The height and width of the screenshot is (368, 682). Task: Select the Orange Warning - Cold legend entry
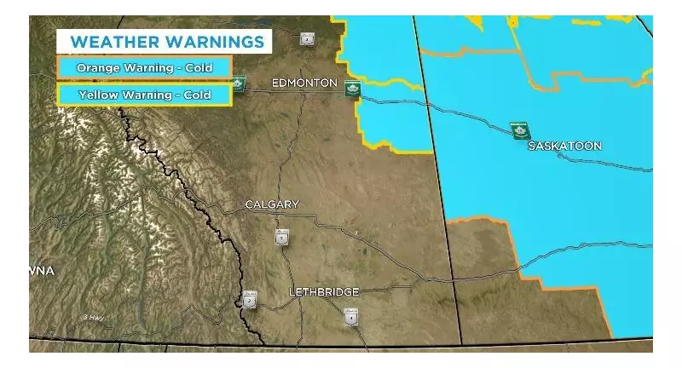(x=144, y=67)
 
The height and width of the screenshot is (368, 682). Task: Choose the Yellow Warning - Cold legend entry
(x=144, y=95)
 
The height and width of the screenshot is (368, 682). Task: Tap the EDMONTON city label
(x=303, y=83)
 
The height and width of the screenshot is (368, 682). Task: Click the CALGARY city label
(x=272, y=204)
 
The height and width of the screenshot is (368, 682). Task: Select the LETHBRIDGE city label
(x=323, y=292)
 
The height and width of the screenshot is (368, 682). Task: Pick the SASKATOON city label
(x=564, y=146)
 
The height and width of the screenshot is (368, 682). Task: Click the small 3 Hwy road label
(x=95, y=317)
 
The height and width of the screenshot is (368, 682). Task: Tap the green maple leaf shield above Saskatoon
(x=517, y=130)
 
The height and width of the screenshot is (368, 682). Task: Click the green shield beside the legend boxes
(x=240, y=83)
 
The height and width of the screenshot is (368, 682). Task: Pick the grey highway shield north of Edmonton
(x=308, y=38)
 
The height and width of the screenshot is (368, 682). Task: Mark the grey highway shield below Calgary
(x=281, y=238)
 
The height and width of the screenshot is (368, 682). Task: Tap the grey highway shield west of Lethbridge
(x=250, y=300)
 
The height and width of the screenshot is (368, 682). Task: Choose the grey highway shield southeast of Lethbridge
(x=350, y=317)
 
